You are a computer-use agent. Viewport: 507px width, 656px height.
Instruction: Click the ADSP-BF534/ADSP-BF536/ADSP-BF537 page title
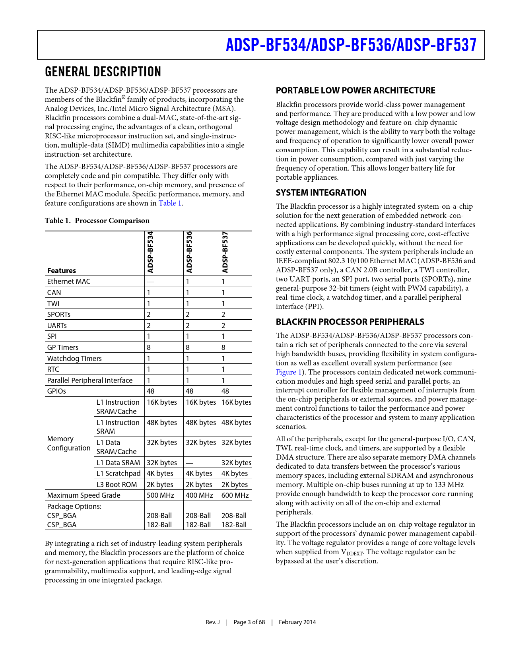coord(351,45)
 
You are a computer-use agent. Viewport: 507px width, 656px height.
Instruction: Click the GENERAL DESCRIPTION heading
coord(103,72)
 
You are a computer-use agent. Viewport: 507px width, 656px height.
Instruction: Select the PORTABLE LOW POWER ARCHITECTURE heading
coord(355,91)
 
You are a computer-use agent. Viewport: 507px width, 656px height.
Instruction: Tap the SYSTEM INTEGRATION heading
coord(321,193)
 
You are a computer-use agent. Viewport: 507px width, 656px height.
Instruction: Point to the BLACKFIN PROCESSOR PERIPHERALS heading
coord(350,322)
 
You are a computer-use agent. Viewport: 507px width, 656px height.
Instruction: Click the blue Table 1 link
coord(170,203)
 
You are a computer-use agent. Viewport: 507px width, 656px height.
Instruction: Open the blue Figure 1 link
coord(286,372)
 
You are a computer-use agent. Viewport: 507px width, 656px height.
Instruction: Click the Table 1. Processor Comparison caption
coord(97,221)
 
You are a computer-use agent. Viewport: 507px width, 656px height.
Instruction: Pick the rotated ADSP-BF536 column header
coord(189,252)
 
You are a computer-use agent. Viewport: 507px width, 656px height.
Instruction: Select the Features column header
coord(61,271)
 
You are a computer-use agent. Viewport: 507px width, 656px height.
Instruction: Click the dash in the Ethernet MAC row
coord(151,282)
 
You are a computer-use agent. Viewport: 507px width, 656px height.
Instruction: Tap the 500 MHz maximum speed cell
coord(158,495)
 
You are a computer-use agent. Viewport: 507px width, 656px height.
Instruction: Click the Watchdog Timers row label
coord(74,359)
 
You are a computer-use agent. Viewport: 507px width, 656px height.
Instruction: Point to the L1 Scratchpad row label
coord(118,474)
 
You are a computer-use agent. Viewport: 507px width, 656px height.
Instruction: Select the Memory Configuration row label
coord(69,444)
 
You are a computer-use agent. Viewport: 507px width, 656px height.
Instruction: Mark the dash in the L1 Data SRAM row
coord(189,463)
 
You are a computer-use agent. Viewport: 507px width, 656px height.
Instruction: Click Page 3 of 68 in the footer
coord(249,622)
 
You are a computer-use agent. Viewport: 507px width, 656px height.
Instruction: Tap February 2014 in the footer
coord(297,622)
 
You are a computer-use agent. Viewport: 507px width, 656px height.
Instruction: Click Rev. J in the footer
coord(212,622)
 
